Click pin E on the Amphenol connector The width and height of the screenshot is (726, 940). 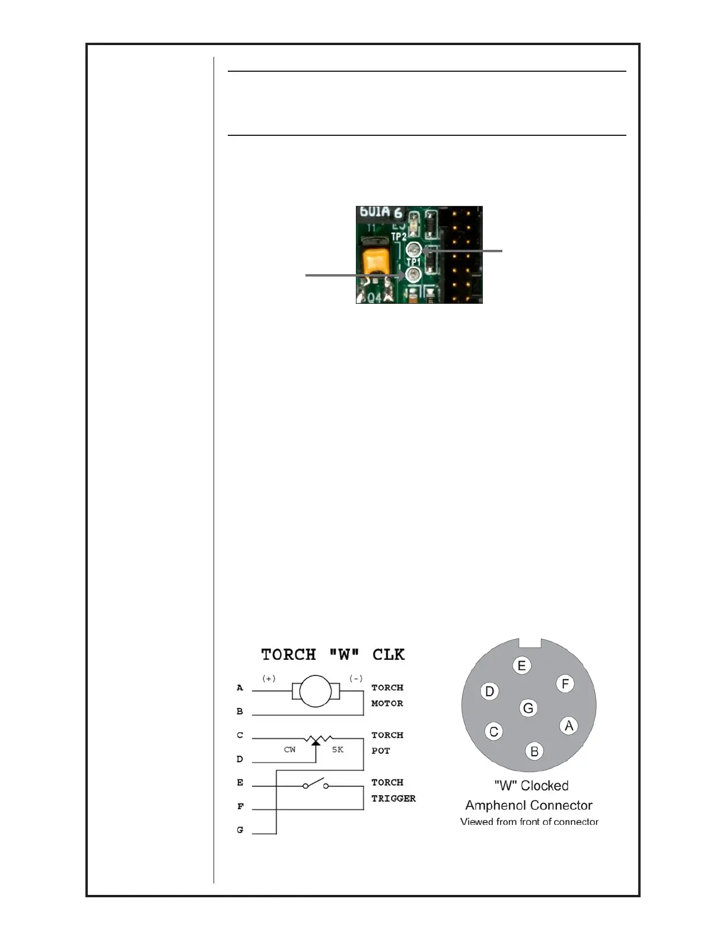pos(521,665)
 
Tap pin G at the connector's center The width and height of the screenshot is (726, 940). pos(528,707)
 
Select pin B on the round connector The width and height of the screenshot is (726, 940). pos(534,751)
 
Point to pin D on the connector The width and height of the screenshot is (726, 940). pos(489,691)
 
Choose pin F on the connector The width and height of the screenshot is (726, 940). pos(565,684)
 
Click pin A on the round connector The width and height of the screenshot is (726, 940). pos(569,725)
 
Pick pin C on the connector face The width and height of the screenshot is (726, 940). pos(493,732)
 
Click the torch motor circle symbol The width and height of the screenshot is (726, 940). pos(316,691)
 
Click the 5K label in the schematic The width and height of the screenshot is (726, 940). pos(337,750)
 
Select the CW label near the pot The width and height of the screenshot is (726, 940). pos(289,750)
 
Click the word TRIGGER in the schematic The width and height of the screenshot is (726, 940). pos(393,799)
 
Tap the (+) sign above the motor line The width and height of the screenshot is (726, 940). pos(269,678)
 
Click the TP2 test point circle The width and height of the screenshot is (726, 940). pos(414,250)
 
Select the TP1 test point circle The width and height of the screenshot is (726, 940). pos(412,275)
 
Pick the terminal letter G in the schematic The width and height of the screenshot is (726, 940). pos(240,830)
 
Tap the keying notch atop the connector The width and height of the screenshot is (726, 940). pos(529,643)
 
